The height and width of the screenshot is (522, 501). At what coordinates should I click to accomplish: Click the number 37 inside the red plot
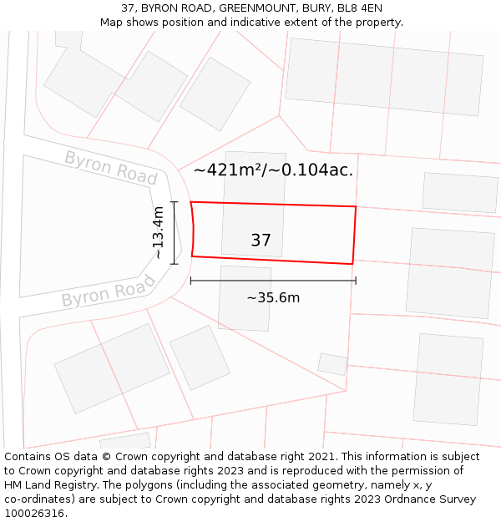coord(261,241)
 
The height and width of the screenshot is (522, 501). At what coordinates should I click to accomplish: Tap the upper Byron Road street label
coord(111,167)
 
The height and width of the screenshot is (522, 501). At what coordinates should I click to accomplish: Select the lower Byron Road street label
coord(109,292)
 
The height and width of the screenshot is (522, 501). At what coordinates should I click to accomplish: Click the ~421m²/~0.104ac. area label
coord(273,170)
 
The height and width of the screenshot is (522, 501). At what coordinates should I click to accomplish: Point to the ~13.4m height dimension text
coord(158,233)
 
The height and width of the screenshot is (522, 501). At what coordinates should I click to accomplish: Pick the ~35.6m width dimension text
coord(273,297)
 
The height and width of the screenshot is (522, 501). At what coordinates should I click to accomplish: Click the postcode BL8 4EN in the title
coord(359,8)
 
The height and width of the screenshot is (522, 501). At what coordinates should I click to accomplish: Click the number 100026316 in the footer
coord(33,513)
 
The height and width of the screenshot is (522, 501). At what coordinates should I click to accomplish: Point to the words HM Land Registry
coord(48,484)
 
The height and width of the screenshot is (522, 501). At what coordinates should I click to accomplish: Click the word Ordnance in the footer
coord(396,499)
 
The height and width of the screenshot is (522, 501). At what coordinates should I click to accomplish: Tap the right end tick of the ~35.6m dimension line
coord(356,281)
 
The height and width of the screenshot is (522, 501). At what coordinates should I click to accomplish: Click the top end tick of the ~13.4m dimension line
coord(175,202)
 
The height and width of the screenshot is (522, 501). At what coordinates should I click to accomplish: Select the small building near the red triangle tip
coord(332,364)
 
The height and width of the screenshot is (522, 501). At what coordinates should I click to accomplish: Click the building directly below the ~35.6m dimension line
coord(245,298)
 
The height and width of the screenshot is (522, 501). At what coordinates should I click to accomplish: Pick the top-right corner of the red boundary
coord(356,206)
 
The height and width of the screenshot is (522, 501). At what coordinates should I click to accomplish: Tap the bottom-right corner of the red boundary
coord(352,264)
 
